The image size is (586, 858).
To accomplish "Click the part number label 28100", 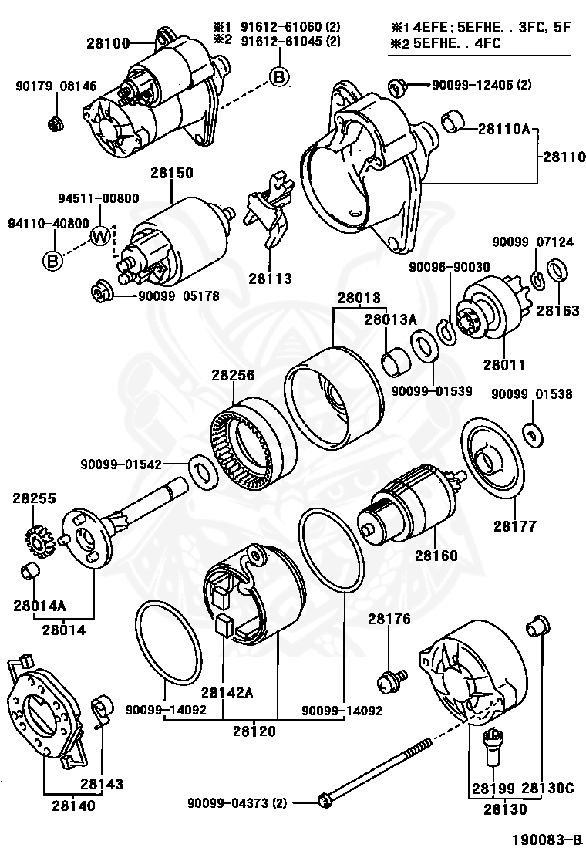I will click(108, 45).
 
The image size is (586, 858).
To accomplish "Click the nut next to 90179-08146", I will click(56, 122).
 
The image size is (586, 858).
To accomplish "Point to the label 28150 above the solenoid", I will click(171, 174).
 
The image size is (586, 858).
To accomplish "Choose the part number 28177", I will click(514, 526).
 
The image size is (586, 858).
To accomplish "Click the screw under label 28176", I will click(389, 680).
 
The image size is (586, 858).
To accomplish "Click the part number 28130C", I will click(547, 788).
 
